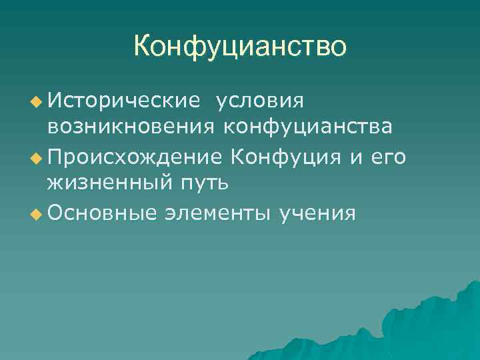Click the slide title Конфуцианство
point(240,47)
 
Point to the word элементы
point(217,213)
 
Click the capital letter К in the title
point(142,47)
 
